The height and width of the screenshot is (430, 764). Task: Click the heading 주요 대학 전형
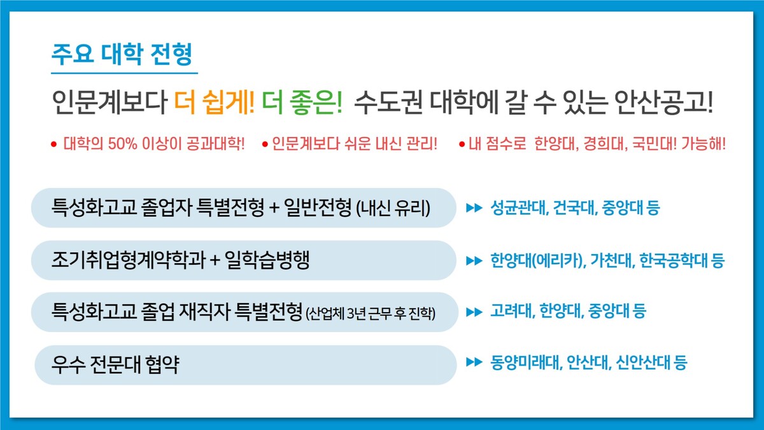point(122,54)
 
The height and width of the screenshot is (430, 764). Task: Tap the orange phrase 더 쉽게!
point(215,103)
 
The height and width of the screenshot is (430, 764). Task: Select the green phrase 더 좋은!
point(302,103)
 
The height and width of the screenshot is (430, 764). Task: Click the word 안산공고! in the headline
point(663,103)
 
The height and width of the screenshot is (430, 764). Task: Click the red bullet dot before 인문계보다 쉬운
point(265,145)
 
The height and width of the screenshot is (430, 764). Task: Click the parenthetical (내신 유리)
point(393,208)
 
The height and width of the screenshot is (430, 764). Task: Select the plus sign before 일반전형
point(274,208)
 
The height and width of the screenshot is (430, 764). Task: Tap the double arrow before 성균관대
point(474,208)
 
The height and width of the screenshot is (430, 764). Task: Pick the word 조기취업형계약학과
point(129,260)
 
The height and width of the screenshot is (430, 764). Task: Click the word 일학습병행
point(267,260)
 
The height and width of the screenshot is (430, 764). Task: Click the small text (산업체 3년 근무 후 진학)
point(371,313)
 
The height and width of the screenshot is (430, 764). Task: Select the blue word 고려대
point(513,311)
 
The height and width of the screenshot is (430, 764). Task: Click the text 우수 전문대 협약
point(115,365)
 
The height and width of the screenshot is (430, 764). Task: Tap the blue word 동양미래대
point(527,362)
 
